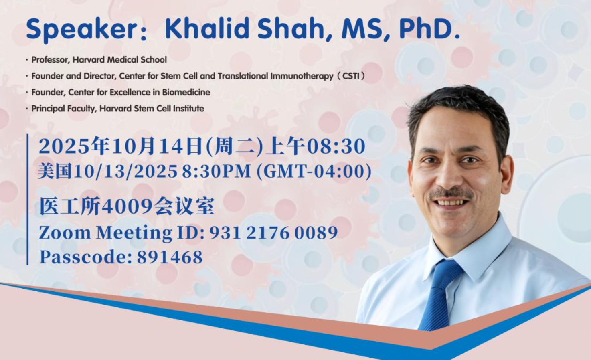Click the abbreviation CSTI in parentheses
351,76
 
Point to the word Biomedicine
186,92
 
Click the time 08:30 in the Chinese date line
336,147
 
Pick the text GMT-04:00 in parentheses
314,172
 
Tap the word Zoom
65,233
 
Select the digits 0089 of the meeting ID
316,233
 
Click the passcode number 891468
170,257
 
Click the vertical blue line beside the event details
27,199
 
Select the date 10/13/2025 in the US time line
125,172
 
